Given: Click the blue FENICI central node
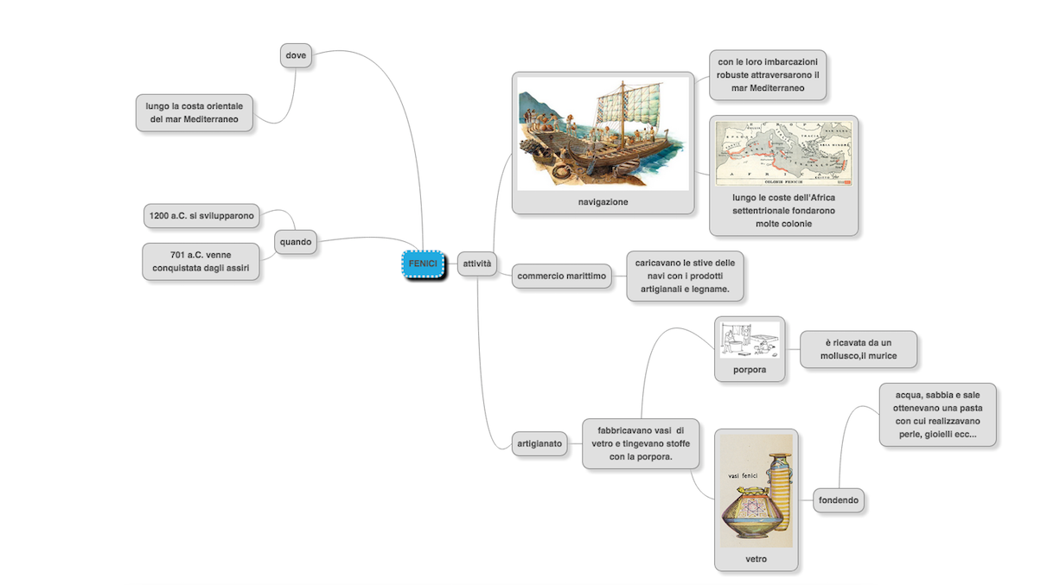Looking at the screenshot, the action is tap(423, 264).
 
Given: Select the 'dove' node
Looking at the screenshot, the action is tap(296, 55).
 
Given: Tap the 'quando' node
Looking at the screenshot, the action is tap(296, 242).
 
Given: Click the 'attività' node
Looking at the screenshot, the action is tap(476, 263).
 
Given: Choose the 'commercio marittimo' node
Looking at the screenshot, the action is tap(561, 277).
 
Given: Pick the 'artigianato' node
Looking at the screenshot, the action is tap(539, 444).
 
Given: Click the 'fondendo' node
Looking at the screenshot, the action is tap(839, 499).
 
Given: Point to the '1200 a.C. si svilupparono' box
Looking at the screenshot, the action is tap(201, 215).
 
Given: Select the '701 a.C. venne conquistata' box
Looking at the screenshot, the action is tap(201, 262).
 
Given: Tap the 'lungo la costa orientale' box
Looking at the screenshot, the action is tap(195, 112).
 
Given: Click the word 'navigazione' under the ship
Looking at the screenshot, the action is tap(603, 202).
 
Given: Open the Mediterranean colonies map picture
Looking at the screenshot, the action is tap(783, 153).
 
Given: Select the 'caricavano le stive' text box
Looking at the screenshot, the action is tap(684, 276).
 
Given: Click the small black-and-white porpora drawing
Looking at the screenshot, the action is tap(750, 340).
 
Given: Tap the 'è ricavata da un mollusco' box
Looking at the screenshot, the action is tap(858, 349).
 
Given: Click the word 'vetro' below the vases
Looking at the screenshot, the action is tap(756, 559).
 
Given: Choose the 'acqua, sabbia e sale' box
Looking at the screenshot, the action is tap(937, 415).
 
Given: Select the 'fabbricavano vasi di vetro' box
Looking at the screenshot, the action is tap(640, 443).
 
